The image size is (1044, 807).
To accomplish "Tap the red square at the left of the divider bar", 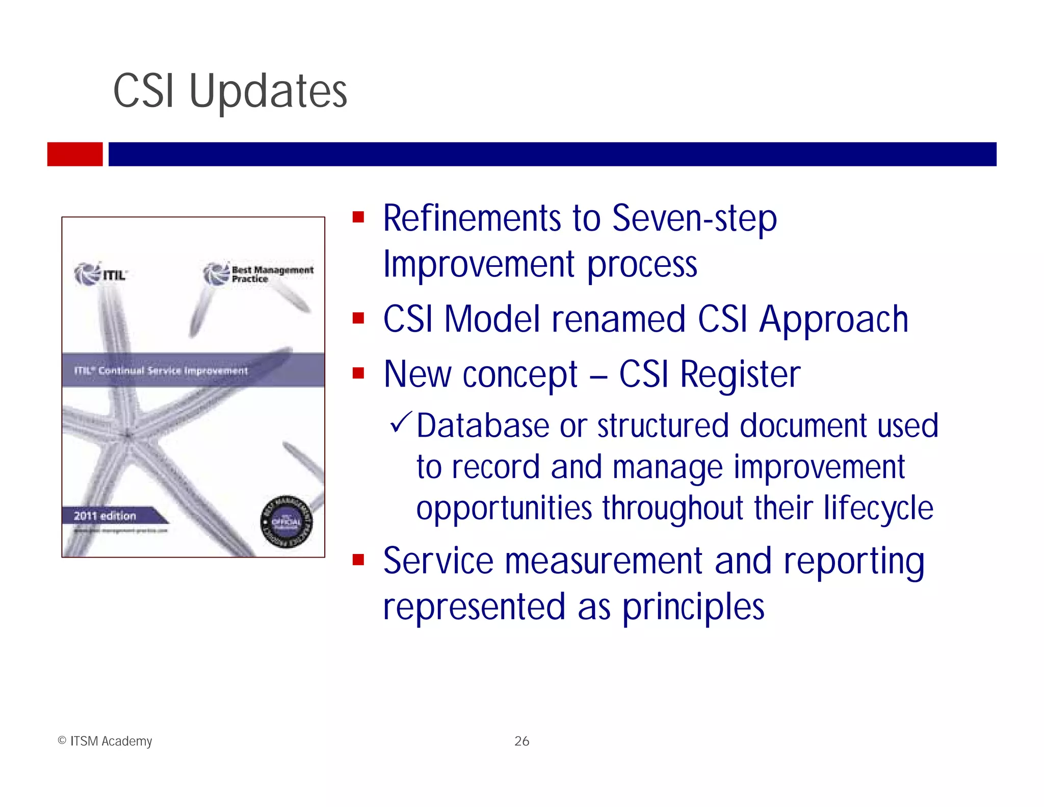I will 75,154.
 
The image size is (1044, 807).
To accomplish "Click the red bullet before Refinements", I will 358,218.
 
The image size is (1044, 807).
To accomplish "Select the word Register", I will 740,374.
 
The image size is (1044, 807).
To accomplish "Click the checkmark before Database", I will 400,423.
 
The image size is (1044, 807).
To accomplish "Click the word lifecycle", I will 878,508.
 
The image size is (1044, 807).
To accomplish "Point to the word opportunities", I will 504,508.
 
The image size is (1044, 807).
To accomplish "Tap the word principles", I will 693,607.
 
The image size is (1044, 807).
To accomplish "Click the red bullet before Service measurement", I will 358,561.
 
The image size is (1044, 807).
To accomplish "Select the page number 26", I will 521,741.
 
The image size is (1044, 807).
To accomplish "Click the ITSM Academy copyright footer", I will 105,741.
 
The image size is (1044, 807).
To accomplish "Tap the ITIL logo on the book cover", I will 100,274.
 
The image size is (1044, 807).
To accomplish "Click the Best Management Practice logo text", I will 272,274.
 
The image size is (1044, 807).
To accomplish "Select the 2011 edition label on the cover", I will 106,516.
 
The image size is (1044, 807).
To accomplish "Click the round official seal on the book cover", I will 287,521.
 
